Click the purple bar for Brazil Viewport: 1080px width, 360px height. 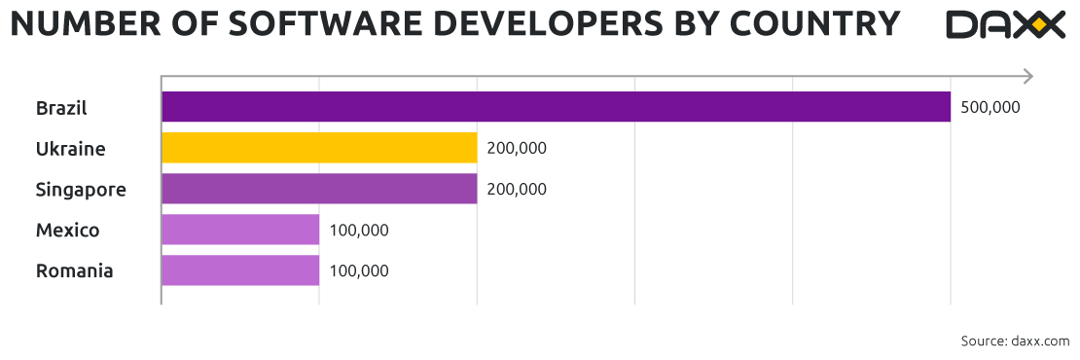tap(556, 107)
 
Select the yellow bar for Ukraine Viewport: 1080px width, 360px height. tap(319, 148)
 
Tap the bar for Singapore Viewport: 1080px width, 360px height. tap(319, 189)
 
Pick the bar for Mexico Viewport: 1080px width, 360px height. tap(240, 230)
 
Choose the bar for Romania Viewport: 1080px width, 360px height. tap(240, 270)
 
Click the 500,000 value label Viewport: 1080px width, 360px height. tap(990, 107)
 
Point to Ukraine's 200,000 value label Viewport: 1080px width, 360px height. tap(517, 148)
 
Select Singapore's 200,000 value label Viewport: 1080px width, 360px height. tap(517, 189)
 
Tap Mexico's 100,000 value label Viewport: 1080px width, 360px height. tap(359, 230)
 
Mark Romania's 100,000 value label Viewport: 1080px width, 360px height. tap(359, 270)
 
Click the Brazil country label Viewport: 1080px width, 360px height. tap(61, 107)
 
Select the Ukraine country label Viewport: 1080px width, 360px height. tap(70, 149)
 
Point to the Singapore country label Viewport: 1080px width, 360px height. tap(81, 190)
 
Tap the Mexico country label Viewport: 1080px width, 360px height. tap(67, 231)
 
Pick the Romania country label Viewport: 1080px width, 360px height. tap(74, 271)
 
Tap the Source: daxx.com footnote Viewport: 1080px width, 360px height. tap(1015, 341)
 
